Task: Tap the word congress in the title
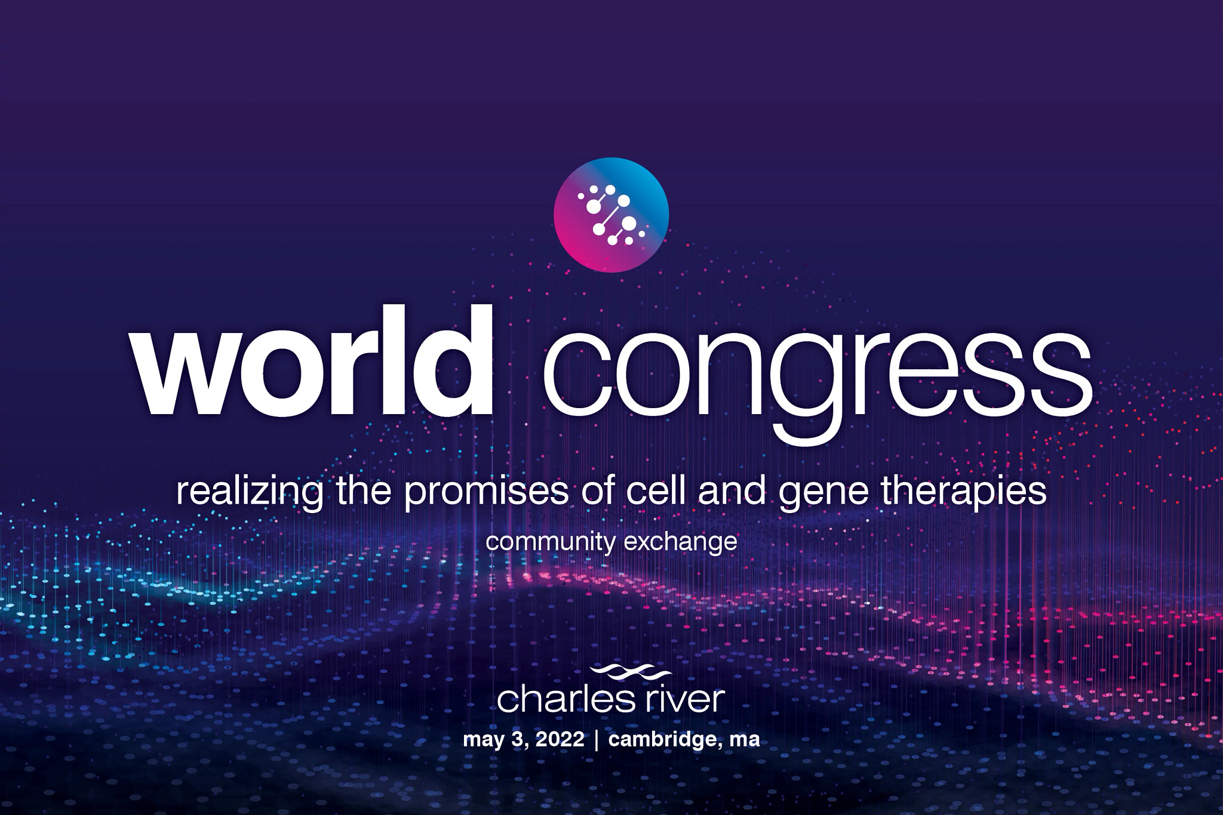(x=816, y=373)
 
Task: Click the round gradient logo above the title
(x=611, y=215)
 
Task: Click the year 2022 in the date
(x=560, y=740)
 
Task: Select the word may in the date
(x=484, y=740)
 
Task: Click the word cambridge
(x=663, y=740)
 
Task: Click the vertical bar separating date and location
(x=595, y=740)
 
